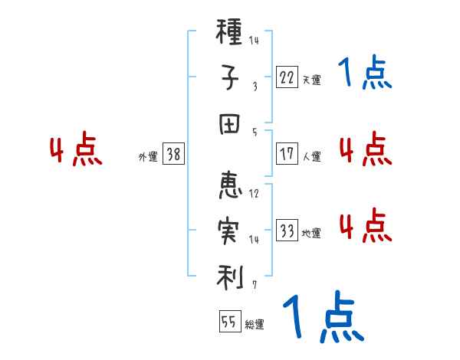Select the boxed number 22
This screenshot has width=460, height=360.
coord(287,76)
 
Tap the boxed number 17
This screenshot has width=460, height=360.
coord(287,154)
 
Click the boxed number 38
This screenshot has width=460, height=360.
coord(173,154)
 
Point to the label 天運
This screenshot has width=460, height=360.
coord(311,78)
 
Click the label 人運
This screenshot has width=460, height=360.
coord(311,156)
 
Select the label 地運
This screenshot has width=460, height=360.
coord(311,233)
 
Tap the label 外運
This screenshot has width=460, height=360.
coord(147,156)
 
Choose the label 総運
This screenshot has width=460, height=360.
coord(254,324)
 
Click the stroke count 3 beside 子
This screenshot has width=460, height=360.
coord(254,87)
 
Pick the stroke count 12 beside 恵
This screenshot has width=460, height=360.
coord(254,193)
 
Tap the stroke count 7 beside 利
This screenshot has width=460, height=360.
coord(254,284)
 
